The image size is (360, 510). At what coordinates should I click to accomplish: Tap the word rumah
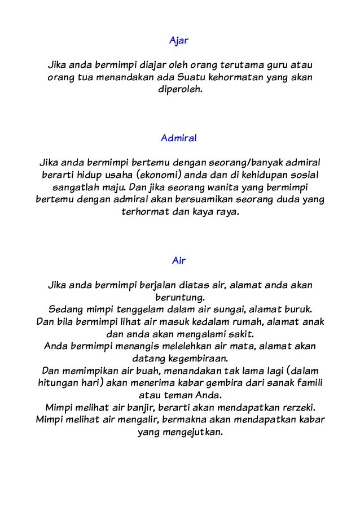click(x=240, y=323)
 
